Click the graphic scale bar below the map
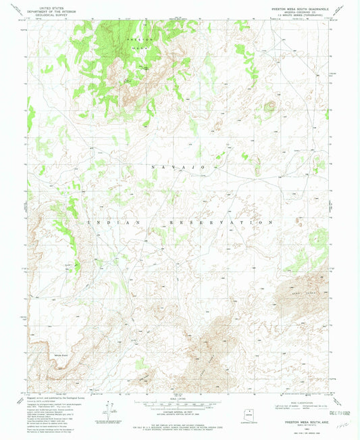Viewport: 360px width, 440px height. click(x=179, y=406)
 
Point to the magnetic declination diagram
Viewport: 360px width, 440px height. click(x=111, y=408)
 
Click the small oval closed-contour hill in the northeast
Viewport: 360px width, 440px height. click(x=270, y=105)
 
